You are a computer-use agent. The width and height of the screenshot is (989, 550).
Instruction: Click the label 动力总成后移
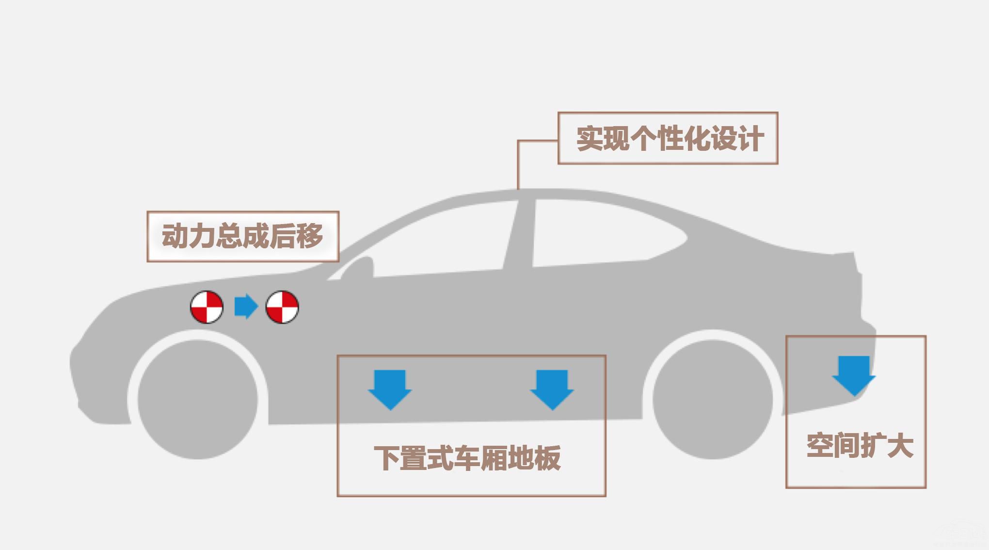pyautogui.click(x=242, y=236)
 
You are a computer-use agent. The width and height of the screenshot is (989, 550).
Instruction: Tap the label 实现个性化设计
pyautogui.click(x=670, y=139)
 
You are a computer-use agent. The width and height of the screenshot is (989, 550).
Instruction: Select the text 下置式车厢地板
pyautogui.click(x=468, y=458)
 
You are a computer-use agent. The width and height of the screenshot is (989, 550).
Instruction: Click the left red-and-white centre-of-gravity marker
pyautogui.click(x=207, y=307)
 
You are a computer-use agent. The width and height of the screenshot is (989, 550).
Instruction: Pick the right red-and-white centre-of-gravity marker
pyautogui.click(x=282, y=307)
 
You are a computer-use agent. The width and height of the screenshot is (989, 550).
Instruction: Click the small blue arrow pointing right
pyautogui.click(x=246, y=307)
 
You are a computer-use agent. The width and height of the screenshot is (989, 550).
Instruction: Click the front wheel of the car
pyautogui.click(x=197, y=399)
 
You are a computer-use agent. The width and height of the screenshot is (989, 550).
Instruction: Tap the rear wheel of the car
pyautogui.click(x=712, y=399)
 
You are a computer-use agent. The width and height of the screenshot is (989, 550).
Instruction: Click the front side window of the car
pyautogui.click(x=436, y=243)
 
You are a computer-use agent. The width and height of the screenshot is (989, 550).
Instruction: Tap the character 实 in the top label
pyautogui.click(x=589, y=139)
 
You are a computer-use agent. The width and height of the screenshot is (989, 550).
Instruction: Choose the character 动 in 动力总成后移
pyautogui.click(x=175, y=236)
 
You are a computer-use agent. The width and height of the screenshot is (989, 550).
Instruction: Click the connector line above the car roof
pyautogui.click(x=518, y=165)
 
